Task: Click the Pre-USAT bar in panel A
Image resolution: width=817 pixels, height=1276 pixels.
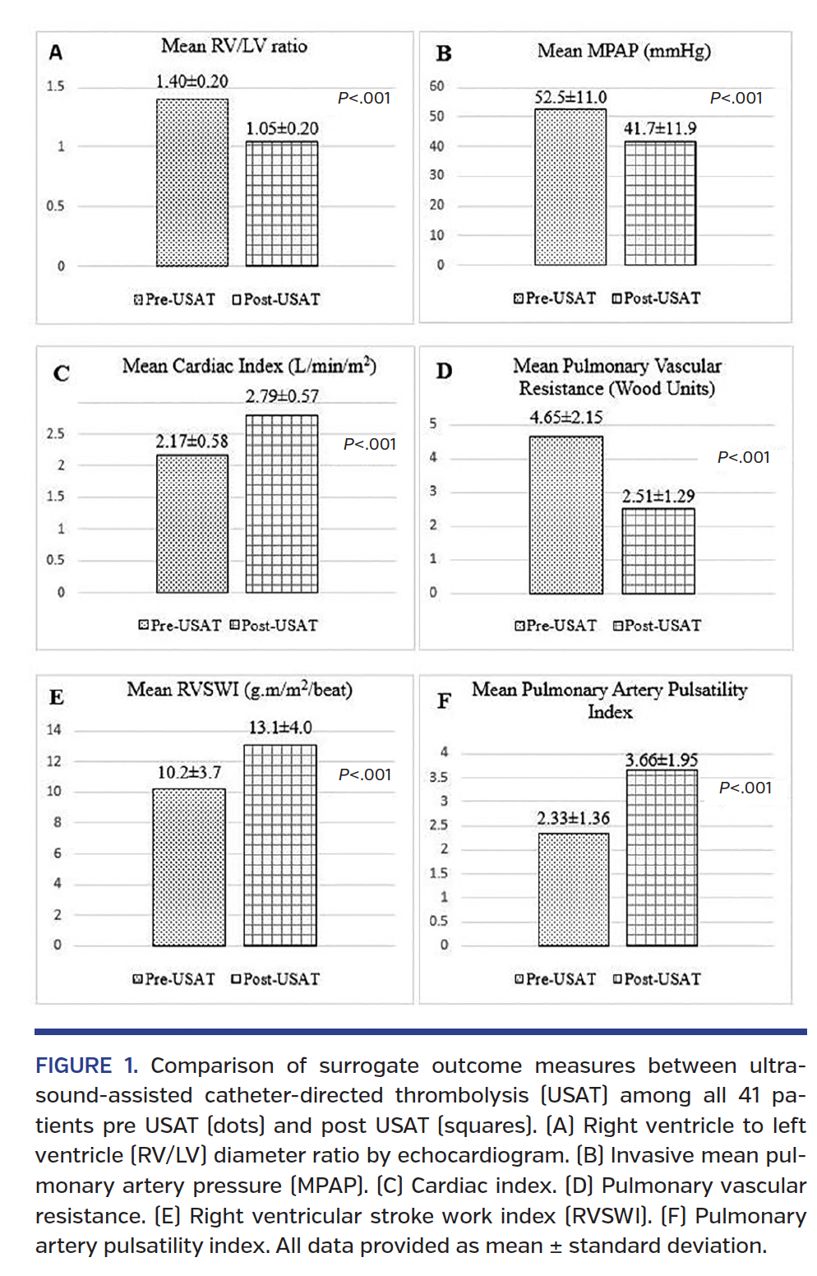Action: [x=192, y=183]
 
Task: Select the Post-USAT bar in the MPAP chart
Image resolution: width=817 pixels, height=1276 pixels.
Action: [x=660, y=203]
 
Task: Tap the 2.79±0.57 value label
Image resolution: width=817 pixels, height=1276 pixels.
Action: [x=282, y=396]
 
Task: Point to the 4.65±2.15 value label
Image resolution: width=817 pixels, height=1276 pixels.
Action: [x=565, y=418]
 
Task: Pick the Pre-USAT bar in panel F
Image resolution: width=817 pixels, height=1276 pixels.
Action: [x=574, y=890]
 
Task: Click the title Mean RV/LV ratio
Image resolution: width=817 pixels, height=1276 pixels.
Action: [x=234, y=46]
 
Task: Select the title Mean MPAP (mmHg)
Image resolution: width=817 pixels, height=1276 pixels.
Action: [x=624, y=51]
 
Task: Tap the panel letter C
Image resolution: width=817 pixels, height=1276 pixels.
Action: [x=61, y=374]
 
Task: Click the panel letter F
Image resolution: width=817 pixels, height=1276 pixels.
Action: [x=444, y=701]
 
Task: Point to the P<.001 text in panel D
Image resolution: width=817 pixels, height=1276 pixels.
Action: [x=743, y=457]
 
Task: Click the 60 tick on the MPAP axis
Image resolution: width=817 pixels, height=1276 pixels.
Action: [x=436, y=86]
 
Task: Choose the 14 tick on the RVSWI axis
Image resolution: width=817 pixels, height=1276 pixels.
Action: [x=53, y=729]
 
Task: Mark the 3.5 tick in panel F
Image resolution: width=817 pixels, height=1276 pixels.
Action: [x=438, y=777]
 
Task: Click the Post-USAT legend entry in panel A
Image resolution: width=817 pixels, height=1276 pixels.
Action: [x=276, y=299]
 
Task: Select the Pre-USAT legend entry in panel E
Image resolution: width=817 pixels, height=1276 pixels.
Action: [x=174, y=979]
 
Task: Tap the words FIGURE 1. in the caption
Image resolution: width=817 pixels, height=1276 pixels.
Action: [x=86, y=1066]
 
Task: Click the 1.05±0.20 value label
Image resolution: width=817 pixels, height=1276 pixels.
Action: [x=282, y=129]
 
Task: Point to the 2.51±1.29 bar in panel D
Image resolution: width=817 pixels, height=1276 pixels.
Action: [x=658, y=551]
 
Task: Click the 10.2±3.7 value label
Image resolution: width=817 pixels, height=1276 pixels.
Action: [x=189, y=773]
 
